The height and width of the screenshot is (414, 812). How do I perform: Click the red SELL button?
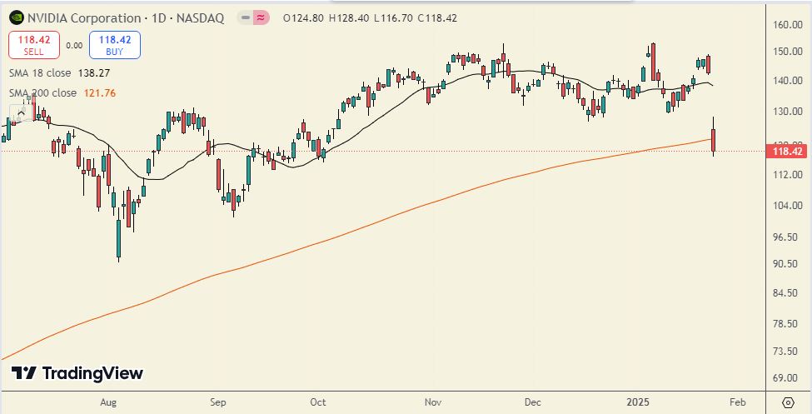click(x=33, y=44)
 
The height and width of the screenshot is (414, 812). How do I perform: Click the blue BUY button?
click(x=118, y=44)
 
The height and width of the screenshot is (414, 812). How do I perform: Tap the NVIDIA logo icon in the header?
click(x=15, y=18)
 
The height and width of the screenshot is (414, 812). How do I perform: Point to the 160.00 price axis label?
click(x=786, y=25)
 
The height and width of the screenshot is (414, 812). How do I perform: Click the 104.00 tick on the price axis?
click(x=786, y=206)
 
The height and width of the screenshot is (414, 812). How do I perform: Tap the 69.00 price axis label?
click(x=786, y=377)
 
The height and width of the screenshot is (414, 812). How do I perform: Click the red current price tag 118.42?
click(x=786, y=152)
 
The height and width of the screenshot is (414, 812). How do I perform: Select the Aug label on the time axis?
click(x=108, y=401)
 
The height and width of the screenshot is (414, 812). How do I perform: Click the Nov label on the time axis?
click(x=432, y=401)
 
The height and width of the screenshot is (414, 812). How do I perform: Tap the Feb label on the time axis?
click(x=737, y=401)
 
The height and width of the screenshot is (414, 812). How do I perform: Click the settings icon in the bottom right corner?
click(x=787, y=401)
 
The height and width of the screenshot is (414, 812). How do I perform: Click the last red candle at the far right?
click(x=714, y=140)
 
